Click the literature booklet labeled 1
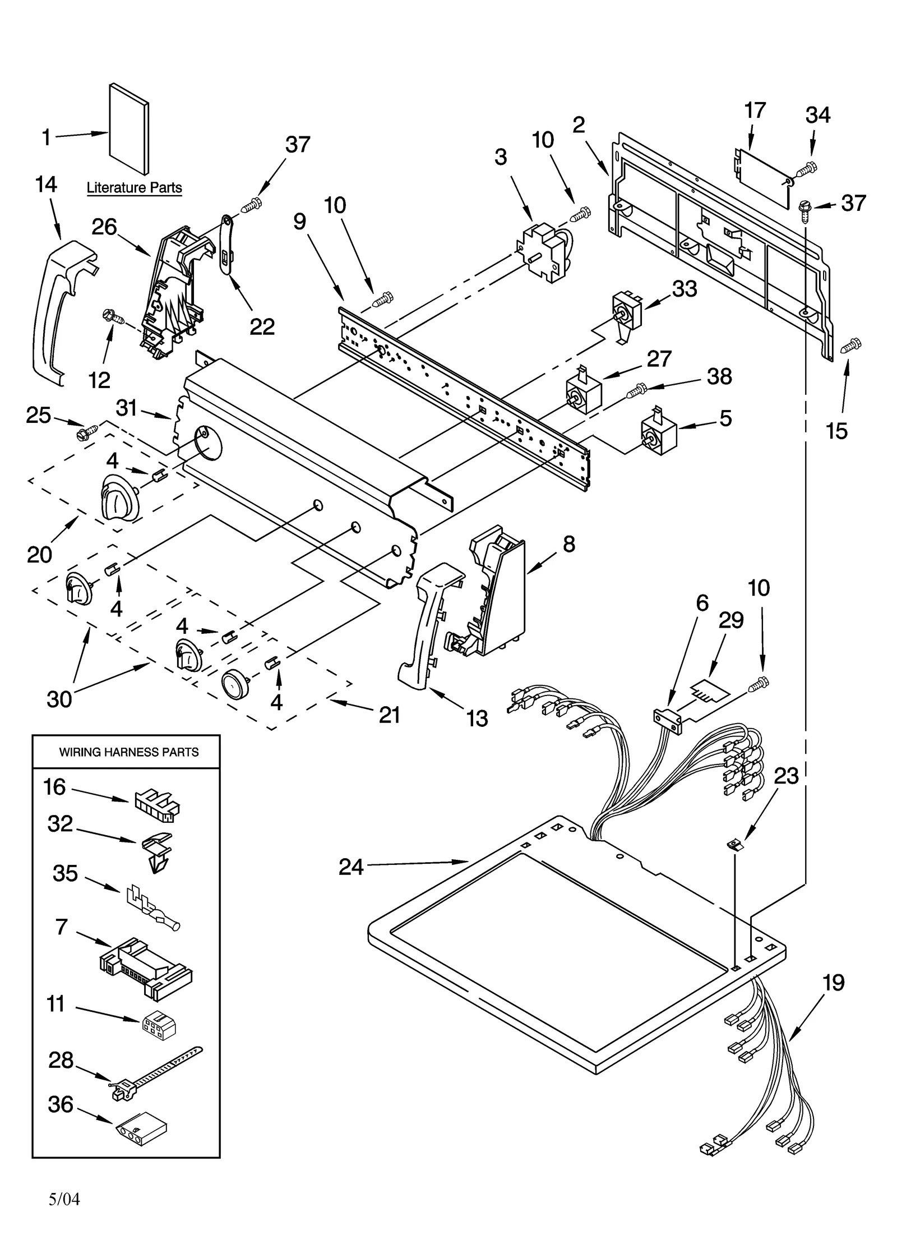click(129, 130)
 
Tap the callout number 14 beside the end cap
click(46, 185)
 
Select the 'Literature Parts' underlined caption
click(134, 188)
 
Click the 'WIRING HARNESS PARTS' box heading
click(129, 752)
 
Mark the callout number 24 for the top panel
click(351, 867)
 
